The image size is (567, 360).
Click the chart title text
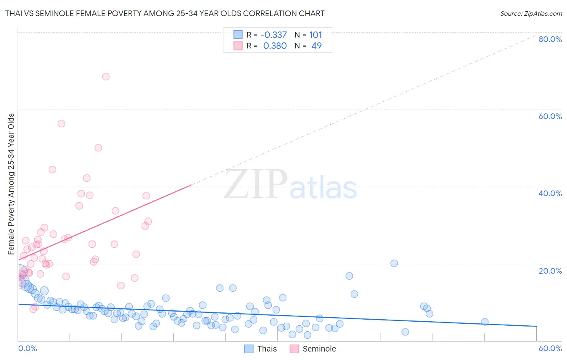pos(165,13)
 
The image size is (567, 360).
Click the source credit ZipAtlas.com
pos(531,13)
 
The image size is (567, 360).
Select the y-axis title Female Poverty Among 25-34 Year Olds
pos(11,184)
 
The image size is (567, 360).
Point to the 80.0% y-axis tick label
pos(550,39)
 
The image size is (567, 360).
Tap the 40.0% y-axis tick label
pos(550,193)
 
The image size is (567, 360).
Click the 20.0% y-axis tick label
pos(550,271)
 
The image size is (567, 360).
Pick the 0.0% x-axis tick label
pos(27,348)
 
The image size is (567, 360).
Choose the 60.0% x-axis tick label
pos(550,348)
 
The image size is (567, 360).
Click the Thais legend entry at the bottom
pos(261,349)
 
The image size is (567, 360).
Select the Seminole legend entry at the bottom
pos(313,349)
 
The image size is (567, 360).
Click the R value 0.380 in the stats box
pos(275,46)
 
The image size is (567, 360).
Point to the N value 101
pos(315,35)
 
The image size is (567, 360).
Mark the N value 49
pos(317,46)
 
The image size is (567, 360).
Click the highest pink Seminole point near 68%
pos(106,77)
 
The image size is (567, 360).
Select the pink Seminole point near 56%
pos(61,123)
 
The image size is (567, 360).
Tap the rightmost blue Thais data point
pos(485,322)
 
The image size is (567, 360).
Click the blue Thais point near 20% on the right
pos(394,263)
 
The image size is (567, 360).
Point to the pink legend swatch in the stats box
pos(238,46)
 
